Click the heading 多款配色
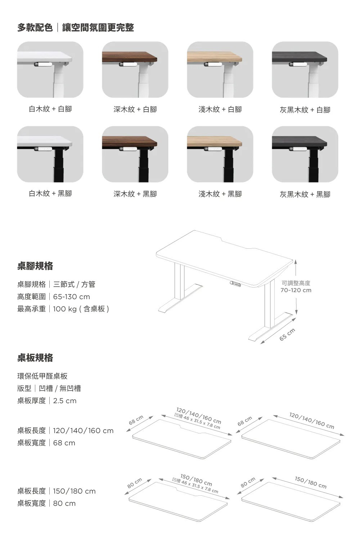35,27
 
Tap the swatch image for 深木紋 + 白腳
135,69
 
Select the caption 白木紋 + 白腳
50,109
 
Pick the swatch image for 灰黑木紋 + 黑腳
305,154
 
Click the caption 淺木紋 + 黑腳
220,194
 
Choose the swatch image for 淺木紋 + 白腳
220,69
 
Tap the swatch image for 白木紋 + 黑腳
50,154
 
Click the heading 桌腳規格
35,266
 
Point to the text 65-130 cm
71,297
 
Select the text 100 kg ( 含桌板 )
81,309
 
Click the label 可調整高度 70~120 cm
296,287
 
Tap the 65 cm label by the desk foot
287,334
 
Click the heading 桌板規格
35,358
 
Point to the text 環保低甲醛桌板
42,376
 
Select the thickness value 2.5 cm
65,401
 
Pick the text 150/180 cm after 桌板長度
74,491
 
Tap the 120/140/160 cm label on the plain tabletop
312,421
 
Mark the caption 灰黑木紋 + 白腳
305,110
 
